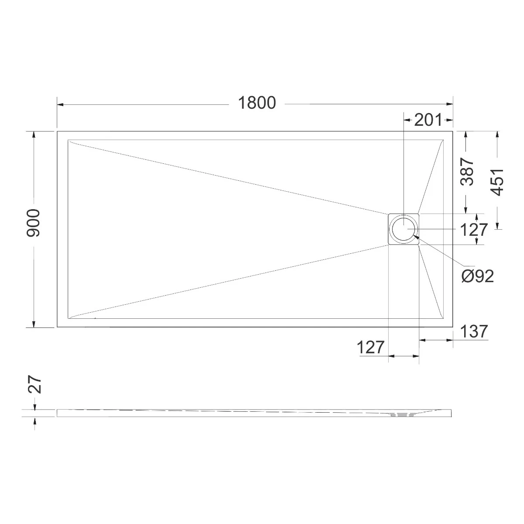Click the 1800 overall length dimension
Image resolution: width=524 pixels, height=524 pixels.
click(x=257, y=103)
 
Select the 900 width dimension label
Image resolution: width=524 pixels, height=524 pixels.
click(x=33, y=223)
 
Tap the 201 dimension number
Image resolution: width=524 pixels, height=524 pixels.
click(x=428, y=120)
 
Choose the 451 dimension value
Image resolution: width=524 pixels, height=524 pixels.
click(x=498, y=182)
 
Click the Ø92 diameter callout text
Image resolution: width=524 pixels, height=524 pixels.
click(x=478, y=276)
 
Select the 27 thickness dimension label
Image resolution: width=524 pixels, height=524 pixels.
click(x=35, y=385)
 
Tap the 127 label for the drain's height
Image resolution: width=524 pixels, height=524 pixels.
click(x=473, y=230)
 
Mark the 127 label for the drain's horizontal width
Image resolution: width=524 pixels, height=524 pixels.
click(x=371, y=348)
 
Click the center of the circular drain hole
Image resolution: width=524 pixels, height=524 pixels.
click(x=404, y=229)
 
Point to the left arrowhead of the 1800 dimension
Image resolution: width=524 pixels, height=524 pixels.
click(x=60, y=104)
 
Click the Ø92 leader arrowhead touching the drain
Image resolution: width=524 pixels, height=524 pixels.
click(x=415, y=237)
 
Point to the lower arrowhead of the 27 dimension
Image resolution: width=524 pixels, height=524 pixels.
click(x=34, y=420)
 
